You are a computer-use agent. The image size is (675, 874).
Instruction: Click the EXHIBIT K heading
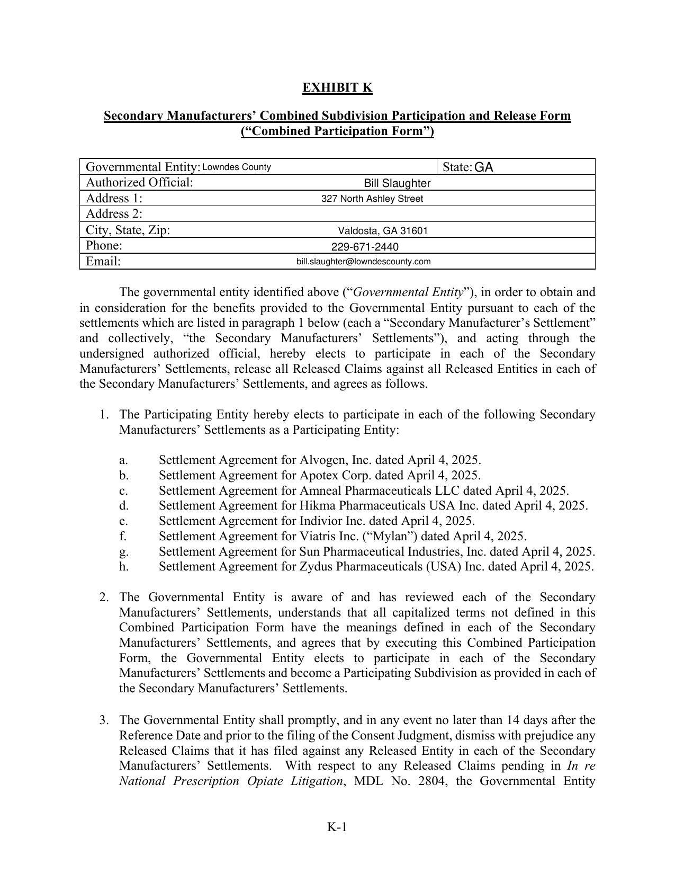(x=337, y=87)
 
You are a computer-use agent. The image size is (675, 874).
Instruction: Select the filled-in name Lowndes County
(x=237, y=167)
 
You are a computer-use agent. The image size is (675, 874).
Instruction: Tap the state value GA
(x=483, y=167)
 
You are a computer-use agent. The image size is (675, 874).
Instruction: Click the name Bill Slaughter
(x=397, y=183)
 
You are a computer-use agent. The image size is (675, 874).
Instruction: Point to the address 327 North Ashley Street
(x=372, y=199)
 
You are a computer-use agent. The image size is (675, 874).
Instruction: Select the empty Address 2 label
(x=114, y=214)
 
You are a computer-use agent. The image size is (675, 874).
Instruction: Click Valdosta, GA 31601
(x=383, y=230)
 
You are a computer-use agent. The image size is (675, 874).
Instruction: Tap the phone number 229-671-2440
(x=365, y=247)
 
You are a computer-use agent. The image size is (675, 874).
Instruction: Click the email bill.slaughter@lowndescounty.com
(x=363, y=262)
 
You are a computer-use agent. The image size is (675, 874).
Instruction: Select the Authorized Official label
(x=139, y=183)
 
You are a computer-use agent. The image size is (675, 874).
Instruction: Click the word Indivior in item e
(x=321, y=521)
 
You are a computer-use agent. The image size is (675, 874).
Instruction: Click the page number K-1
(x=337, y=827)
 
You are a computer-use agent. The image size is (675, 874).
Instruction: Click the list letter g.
(x=124, y=551)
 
